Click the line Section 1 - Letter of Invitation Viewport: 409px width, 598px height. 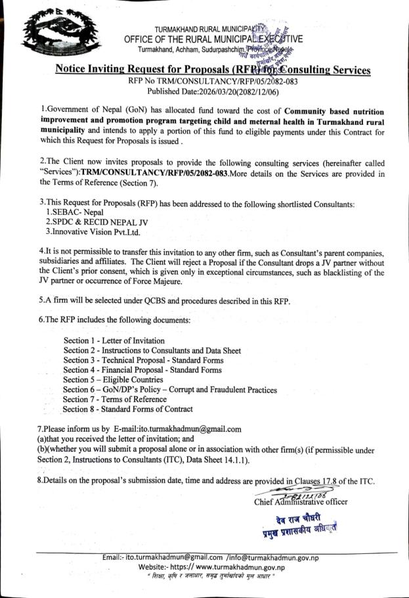[114, 341]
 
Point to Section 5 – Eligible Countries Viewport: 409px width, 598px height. [113, 380]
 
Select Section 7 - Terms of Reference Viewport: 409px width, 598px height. [115, 400]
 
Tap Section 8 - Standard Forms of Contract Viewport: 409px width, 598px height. [128, 409]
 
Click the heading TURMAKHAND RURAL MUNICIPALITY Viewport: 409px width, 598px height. [211, 30]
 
